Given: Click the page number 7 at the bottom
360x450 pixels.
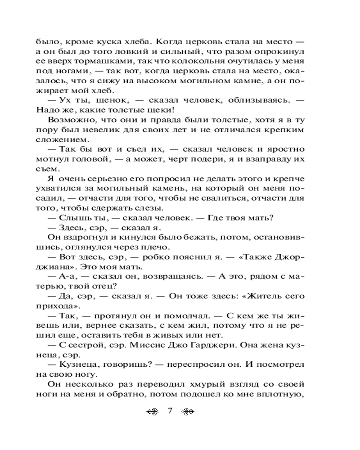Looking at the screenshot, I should (x=170, y=411).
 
